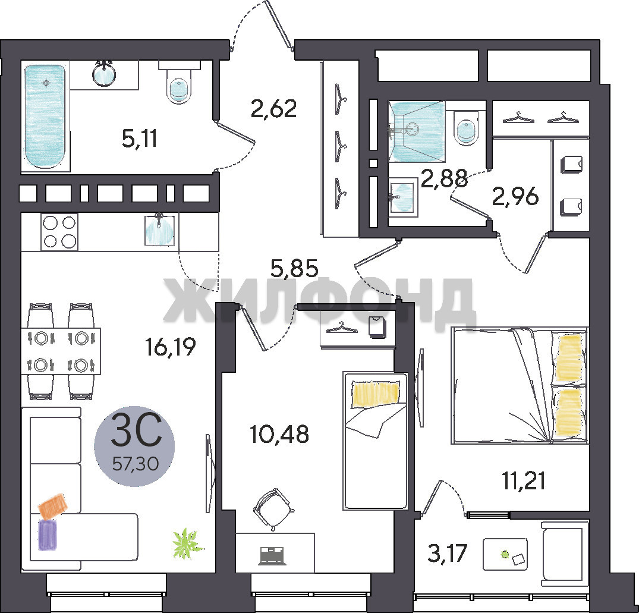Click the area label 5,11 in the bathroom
(139, 139)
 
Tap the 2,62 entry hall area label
(274, 108)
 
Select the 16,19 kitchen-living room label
(171, 347)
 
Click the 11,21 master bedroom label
(524, 480)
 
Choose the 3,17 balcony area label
(447, 553)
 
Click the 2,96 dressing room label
(515, 196)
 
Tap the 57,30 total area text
(136, 463)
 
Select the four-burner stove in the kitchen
(59, 231)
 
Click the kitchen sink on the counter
(160, 230)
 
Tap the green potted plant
(187, 543)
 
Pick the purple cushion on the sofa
(48, 535)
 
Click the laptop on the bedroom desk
(273, 556)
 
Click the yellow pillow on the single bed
(375, 394)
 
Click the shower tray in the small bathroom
(417, 131)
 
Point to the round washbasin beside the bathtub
(104, 74)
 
